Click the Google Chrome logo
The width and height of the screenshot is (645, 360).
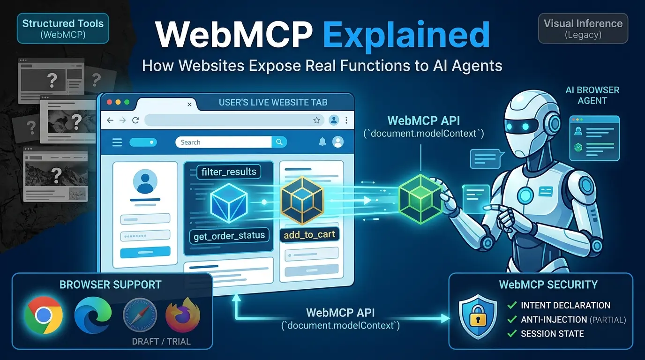(x=44, y=315)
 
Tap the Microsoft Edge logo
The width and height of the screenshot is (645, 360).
(x=93, y=315)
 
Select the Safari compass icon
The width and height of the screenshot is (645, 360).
(x=140, y=315)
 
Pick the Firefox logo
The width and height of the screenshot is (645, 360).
(x=183, y=315)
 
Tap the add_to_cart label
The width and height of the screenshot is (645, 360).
(x=309, y=235)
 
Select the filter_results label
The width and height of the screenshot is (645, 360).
(x=229, y=172)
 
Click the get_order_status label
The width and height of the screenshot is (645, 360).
(x=229, y=236)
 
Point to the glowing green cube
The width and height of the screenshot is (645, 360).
(x=420, y=199)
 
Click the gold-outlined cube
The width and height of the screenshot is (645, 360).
(x=302, y=200)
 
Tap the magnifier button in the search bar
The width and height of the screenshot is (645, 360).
(x=279, y=142)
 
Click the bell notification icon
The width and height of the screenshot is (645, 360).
(x=322, y=142)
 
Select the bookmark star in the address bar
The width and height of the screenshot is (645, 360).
(x=316, y=120)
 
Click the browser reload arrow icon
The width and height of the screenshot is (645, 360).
(x=135, y=120)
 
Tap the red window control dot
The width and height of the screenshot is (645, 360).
(x=109, y=102)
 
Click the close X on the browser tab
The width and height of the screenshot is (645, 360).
(x=189, y=104)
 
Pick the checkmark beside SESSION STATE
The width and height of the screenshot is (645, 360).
(x=512, y=333)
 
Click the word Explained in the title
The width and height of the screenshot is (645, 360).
(x=406, y=35)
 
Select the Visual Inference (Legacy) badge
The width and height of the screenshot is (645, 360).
(x=583, y=28)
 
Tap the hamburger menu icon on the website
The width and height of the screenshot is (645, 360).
(x=117, y=142)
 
